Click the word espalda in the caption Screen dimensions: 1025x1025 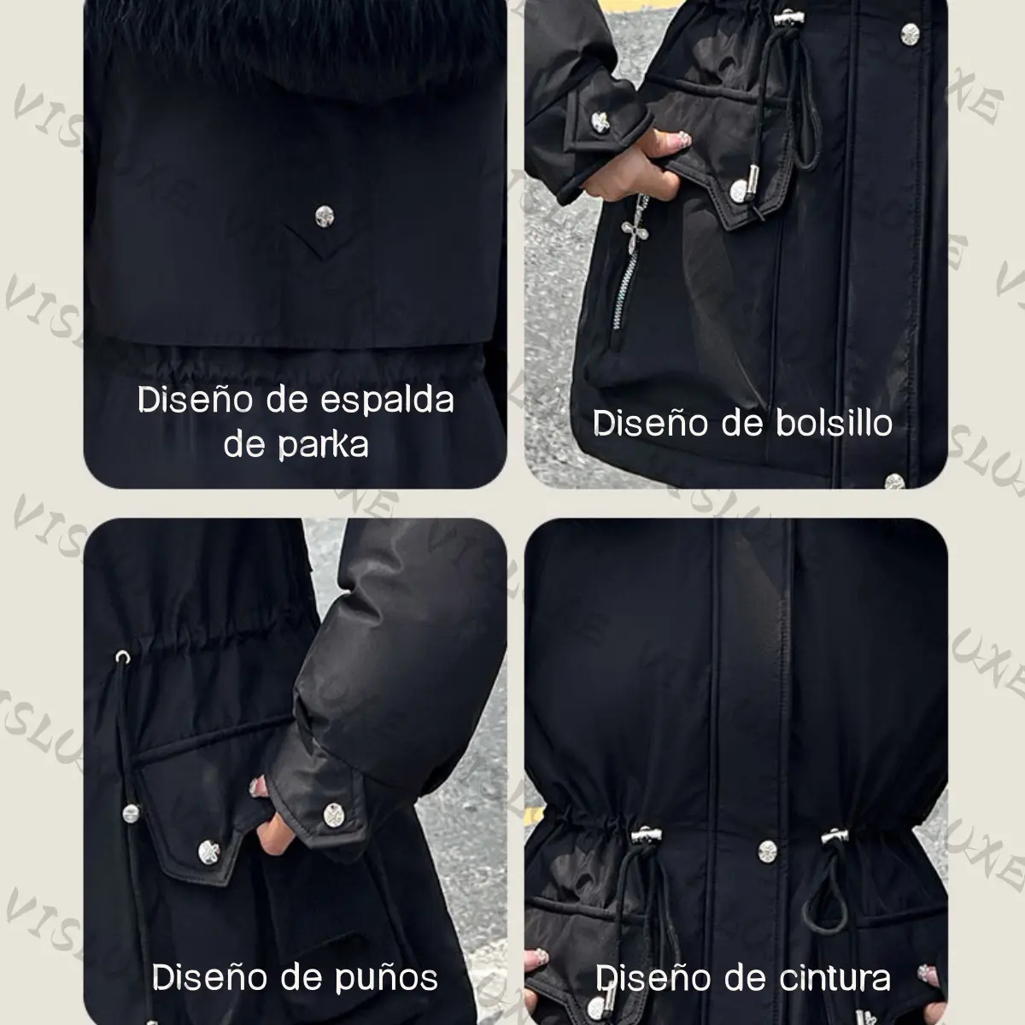click(x=387, y=400)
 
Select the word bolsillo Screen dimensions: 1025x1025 click(x=834, y=424)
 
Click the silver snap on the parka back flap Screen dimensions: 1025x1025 click(x=325, y=216)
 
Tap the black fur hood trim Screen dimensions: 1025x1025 click(x=296, y=38)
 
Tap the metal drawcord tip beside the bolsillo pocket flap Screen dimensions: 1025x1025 click(x=755, y=182)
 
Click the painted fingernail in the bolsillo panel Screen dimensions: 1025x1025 click(x=684, y=139)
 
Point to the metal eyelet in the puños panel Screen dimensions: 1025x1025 click(x=123, y=658)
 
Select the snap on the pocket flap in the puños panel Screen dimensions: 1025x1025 click(x=208, y=852)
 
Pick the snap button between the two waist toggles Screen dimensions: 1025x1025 click(x=767, y=852)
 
